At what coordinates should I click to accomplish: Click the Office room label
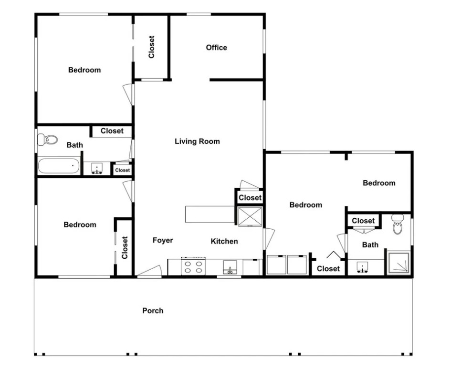click(x=216, y=47)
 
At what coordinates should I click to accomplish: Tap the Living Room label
click(x=197, y=141)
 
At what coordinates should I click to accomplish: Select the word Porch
click(x=153, y=311)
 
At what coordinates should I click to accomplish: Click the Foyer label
click(x=163, y=240)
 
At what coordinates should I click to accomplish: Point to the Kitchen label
click(x=224, y=241)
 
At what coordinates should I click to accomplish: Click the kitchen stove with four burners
click(x=193, y=266)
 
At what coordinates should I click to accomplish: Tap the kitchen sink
click(x=230, y=267)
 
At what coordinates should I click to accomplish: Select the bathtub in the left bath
click(x=59, y=166)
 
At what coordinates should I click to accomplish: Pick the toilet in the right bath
click(x=398, y=224)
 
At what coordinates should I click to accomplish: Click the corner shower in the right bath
click(x=398, y=263)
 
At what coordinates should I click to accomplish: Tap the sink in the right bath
click(x=363, y=267)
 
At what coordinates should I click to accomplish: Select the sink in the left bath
click(x=97, y=169)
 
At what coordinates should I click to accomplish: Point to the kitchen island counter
click(x=210, y=214)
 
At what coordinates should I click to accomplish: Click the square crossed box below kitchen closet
click(x=250, y=217)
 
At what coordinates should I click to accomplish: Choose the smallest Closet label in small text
click(x=123, y=170)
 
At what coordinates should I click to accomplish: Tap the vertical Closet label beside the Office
click(x=151, y=47)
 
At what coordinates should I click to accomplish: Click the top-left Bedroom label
click(x=84, y=70)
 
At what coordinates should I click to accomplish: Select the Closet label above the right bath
click(x=363, y=221)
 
